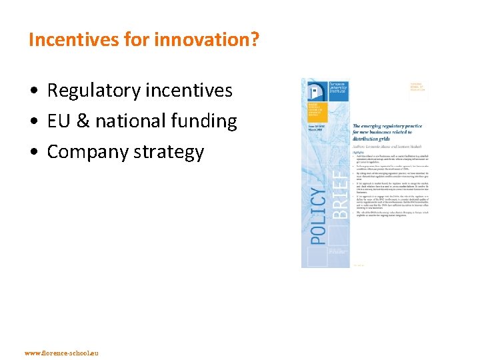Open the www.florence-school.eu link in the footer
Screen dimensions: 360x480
pyautogui.click(x=61, y=352)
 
